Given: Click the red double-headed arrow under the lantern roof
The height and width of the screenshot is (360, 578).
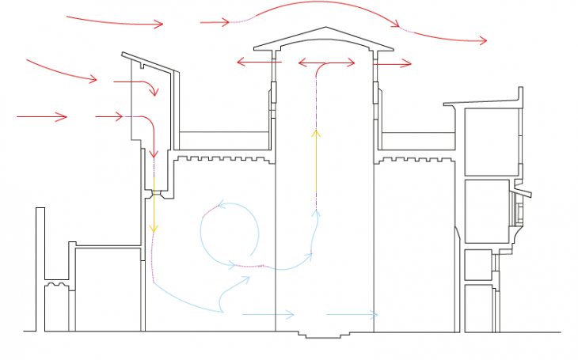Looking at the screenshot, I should click(326, 63).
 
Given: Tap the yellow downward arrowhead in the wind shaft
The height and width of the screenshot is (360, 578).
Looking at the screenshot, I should click(154, 228).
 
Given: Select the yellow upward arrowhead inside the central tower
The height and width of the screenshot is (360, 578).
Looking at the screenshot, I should click(316, 132).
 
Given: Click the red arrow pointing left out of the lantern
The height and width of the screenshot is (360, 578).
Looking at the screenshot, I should click(258, 62).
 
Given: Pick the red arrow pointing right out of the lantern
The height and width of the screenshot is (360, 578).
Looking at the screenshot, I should click(394, 63).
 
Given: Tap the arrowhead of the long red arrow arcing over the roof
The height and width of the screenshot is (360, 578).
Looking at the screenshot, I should click(482, 40).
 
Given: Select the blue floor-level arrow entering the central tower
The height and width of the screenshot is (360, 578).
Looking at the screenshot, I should click(269, 315).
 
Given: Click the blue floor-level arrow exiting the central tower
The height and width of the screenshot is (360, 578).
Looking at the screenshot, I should click(352, 315).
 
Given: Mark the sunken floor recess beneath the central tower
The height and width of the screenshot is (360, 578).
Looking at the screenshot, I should click(325, 333).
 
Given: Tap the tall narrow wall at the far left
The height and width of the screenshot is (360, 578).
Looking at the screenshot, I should click(40, 269).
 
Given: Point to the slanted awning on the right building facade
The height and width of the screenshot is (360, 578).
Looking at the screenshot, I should click(522, 192).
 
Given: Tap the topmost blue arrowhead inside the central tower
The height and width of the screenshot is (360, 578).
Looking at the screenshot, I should click(317, 211).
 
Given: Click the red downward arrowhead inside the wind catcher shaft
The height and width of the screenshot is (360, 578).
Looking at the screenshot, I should click(154, 153).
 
